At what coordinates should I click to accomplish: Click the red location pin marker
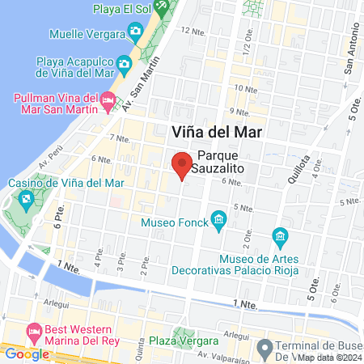click(182, 164)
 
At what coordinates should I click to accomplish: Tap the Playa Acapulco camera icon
click(124, 62)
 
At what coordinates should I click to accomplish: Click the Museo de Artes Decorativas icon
click(281, 237)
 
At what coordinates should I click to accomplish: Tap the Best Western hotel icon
click(34, 332)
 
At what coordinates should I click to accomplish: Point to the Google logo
click(26, 353)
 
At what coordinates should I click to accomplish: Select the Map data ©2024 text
click(327, 357)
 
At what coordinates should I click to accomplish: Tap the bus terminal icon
click(264, 347)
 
